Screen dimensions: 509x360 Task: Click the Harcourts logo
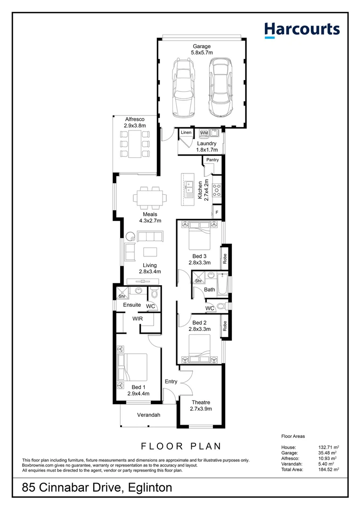click(302, 30)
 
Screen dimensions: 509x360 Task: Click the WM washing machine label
click(204, 133)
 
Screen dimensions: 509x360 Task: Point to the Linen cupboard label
click(186, 133)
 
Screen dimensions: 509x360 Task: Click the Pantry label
click(213, 160)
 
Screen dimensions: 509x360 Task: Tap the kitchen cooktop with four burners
click(218, 189)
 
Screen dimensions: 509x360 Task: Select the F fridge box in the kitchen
click(217, 213)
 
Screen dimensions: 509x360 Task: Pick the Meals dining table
click(150, 197)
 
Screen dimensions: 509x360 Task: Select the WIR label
click(138, 319)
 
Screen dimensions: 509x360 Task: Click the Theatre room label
click(201, 402)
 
